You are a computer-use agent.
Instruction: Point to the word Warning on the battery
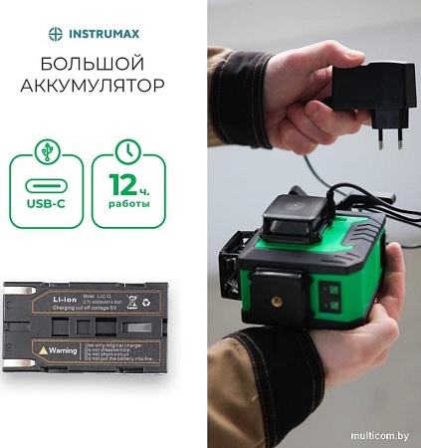65,350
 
